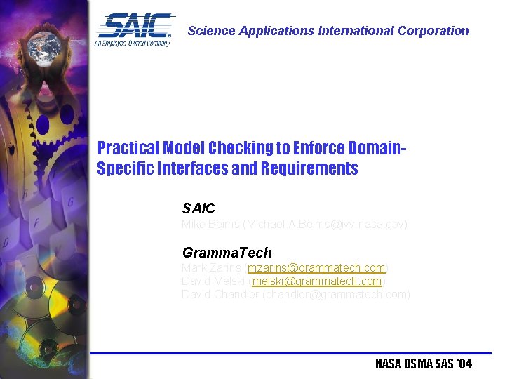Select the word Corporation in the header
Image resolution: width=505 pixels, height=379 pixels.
click(433, 31)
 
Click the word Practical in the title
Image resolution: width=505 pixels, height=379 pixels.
click(128, 148)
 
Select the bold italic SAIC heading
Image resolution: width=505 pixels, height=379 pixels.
click(198, 208)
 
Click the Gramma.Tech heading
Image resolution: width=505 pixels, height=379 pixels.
click(227, 253)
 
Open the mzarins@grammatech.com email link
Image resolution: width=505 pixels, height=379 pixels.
click(316, 267)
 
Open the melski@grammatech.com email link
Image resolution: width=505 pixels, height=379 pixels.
click(317, 281)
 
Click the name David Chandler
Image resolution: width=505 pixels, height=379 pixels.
click(220, 294)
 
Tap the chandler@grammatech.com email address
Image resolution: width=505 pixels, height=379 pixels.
click(336, 294)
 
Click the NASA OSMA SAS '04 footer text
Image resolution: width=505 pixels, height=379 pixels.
click(424, 364)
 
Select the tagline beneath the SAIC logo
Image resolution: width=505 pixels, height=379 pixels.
click(133, 43)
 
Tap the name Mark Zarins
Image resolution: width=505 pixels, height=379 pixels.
click(210, 267)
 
